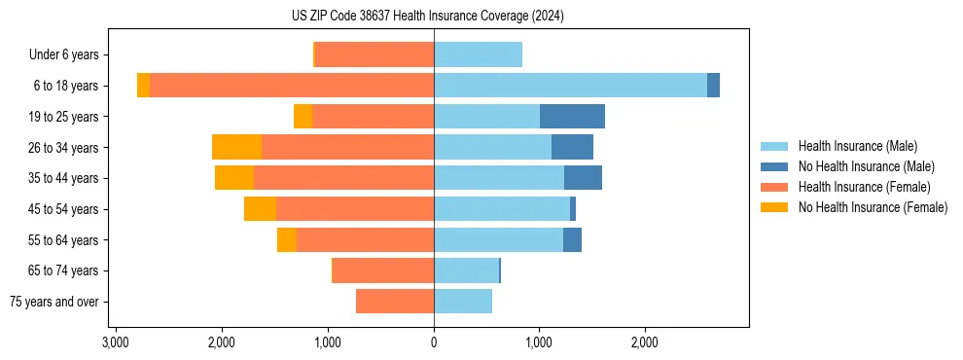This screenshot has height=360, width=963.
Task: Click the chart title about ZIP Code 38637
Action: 481,17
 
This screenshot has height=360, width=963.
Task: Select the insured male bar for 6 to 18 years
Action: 570,86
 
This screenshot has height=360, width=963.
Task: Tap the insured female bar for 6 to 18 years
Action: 292,86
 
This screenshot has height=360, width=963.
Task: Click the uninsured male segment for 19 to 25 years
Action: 572,117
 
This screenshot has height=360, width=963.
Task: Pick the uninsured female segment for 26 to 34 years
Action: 236,147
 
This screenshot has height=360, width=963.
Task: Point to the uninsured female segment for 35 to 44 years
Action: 234,178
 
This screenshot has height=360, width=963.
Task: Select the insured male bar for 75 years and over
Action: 463,302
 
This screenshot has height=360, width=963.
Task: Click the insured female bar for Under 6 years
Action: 374,54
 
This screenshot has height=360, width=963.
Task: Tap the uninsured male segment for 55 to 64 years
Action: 572,239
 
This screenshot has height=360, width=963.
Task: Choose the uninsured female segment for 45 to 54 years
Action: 260,209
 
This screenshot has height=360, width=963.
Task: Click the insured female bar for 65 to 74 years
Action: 383,270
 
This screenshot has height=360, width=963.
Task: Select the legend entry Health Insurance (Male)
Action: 857,146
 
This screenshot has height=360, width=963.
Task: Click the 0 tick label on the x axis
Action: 434,342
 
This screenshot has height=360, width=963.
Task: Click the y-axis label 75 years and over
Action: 54,302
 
